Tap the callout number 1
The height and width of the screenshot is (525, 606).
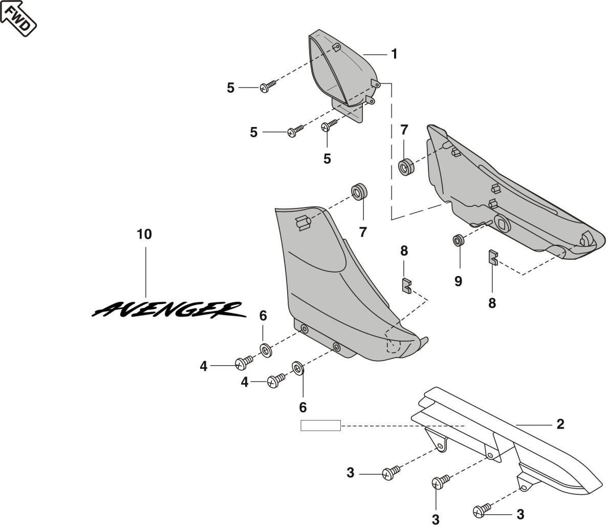[394, 54]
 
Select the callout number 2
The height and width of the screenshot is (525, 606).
[560, 424]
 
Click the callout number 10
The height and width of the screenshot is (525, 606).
[144, 235]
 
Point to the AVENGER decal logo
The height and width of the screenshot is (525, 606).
[166, 308]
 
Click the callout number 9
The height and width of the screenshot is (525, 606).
[458, 281]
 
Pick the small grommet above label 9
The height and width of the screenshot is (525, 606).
[458, 240]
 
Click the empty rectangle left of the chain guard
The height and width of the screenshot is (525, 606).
[320, 425]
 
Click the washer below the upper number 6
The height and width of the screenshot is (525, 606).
[266, 350]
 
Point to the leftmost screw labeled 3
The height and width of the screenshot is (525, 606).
[391, 473]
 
